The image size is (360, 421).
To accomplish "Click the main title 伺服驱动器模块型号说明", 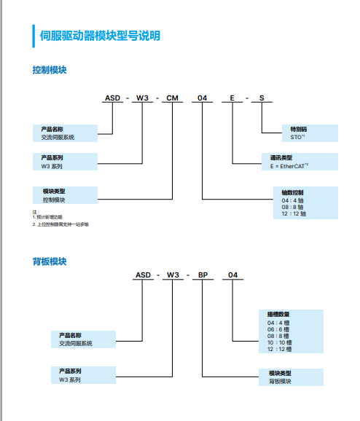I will (x=100, y=36).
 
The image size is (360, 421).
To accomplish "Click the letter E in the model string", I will (x=232, y=98).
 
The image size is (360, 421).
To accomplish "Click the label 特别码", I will (x=299, y=129).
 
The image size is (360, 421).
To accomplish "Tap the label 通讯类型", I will (x=277, y=157).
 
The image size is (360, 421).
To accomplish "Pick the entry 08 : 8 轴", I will (x=293, y=207).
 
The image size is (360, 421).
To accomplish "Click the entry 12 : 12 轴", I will (x=294, y=214).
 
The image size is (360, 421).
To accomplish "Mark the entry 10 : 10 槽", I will (x=281, y=342).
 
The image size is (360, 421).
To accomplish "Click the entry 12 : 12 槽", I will (x=281, y=349).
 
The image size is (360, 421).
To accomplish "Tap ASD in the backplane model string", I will (x=143, y=275).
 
